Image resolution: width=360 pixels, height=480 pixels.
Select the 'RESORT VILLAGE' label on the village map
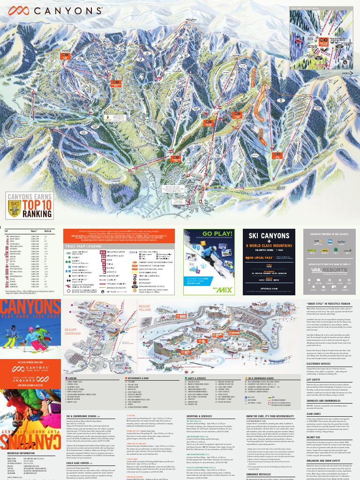click(x=145, y=307)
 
